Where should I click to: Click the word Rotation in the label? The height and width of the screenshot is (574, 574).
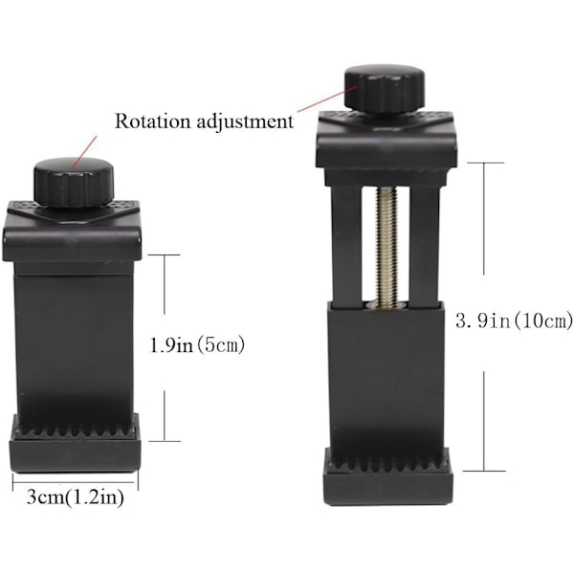coord(153,121)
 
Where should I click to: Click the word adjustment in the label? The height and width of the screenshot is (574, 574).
coord(245,122)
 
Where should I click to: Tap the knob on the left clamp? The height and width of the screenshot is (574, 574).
coord(74,181)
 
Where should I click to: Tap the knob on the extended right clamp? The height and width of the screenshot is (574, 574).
coord(384,88)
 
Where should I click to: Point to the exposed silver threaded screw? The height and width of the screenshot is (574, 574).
coord(387,246)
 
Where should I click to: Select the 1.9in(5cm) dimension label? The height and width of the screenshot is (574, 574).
coord(197,345)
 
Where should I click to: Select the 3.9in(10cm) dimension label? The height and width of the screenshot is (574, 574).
coord(514,321)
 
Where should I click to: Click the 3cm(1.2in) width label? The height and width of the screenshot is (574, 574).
coord(76,497)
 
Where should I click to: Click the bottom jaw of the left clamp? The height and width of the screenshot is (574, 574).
coord(75,444)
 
